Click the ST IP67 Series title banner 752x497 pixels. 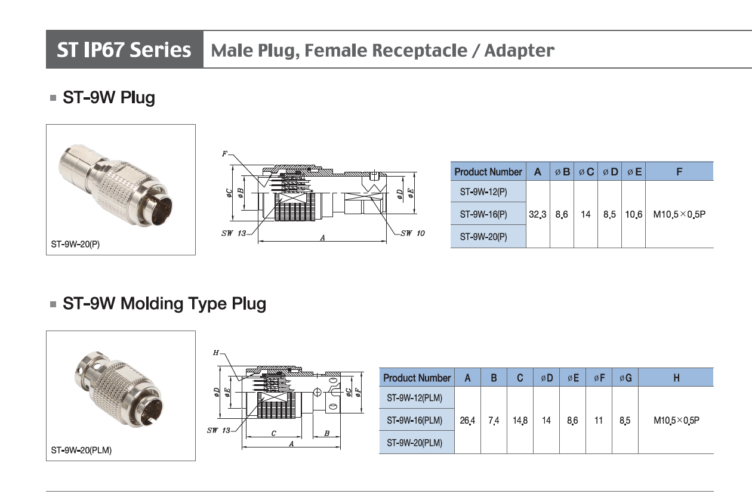coord(124,50)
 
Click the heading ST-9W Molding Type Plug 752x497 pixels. coord(164,304)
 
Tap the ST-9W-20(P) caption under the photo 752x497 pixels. coord(75,244)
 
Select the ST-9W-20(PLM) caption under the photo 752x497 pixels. coord(81,450)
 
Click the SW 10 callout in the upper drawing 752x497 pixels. coord(412,233)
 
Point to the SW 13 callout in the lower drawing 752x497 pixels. coord(218,431)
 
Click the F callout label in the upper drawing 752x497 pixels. coord(224,154)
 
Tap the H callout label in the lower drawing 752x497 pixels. coord(215,353)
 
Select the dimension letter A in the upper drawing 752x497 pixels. coord(322,237)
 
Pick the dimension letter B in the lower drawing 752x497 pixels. coord(326,434)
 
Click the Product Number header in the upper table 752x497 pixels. coord(488,172)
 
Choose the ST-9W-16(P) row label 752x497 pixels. coord(483,214)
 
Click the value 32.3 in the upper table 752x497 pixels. coord(538,214)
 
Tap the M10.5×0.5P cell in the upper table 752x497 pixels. coord(679,214)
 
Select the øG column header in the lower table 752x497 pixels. coord(625,378)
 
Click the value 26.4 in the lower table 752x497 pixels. coord(467,421)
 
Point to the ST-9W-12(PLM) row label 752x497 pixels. coord(415,398)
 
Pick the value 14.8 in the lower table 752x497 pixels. coord(520,421)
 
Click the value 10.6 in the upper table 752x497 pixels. coord(634,214)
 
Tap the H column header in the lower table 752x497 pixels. coord(676,378)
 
